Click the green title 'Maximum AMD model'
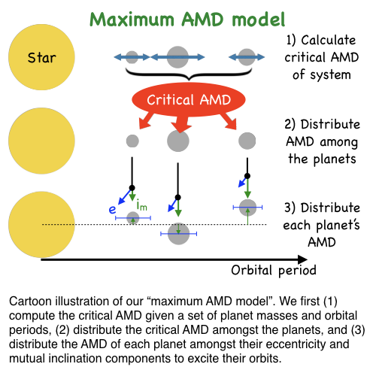(x=187, y=20)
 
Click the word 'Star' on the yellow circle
(x=41, y=58)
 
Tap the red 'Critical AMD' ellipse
(x=189, y=99)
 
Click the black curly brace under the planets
(x=189, y=74)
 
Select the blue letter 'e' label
(x=112, y=209)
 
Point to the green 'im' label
(x=142, y=205)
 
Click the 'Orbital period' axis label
(x=274, y=270)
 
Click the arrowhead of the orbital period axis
(x=303, y=259)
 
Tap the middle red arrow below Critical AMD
(x=180, y=123)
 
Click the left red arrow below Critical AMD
(x=147, y=121)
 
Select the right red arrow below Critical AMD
(x=229, y=121)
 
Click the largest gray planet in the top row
(x=177, y=57)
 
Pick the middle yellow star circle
(x=41, y=141)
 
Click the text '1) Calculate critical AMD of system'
(x=322, y=57)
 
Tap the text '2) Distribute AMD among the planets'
(x=322, y=141)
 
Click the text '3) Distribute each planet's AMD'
(x=322, y=225)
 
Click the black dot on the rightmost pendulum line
(x=247, y=176)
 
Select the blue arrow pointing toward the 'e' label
(x=125, y=196)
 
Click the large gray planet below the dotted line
(x=178, y=234)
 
